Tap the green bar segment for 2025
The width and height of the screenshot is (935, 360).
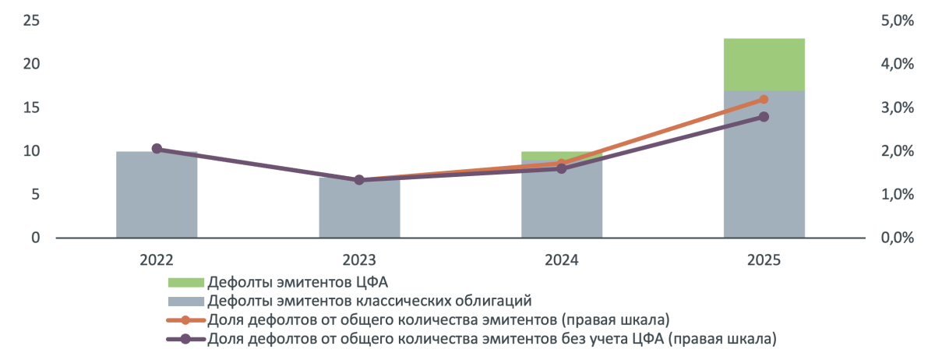[x=764, y=65]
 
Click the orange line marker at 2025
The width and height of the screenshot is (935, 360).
[x=764, y=100]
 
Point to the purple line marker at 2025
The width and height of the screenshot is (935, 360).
[x=764, y=117]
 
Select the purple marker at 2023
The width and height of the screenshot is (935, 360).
[x=359, y=180]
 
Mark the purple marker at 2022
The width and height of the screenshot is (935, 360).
[x=157, y=149]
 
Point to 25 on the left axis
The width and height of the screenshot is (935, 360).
[x=32, y=20]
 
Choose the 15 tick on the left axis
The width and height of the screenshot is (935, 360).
[x=32, y=108]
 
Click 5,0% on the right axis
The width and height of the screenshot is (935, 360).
[x=896, y=22]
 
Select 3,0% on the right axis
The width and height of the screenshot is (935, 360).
[x=896, y=108]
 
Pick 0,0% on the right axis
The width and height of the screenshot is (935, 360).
[x=896, y=238]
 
